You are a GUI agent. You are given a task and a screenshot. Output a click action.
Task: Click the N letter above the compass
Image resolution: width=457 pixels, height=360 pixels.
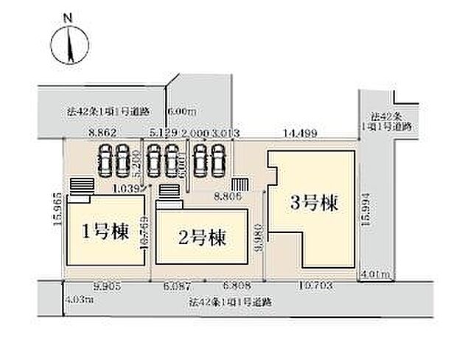(x=67, y=16)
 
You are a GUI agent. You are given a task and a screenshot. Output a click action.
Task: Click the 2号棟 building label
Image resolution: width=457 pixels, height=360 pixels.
(x=201, y=238)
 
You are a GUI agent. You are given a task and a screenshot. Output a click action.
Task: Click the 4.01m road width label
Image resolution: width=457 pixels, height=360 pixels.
(x=374, y=274)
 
